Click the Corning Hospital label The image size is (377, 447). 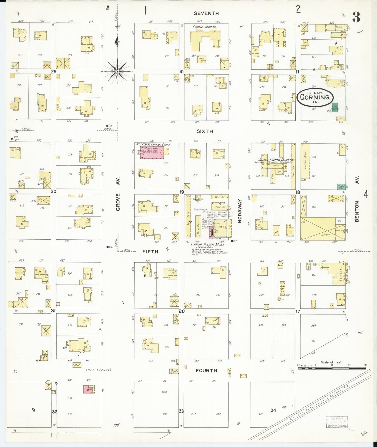[205, 27]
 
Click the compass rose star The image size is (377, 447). [117, 71]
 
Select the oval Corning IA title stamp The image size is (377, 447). [315, 97]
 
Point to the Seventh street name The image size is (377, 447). [206, 13]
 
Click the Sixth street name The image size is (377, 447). [205, 131]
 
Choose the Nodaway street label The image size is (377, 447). [240, 211]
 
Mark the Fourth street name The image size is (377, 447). [206, 370]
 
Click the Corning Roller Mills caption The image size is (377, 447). [207, 244]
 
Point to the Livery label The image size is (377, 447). [325, 234]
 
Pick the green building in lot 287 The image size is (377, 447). [334, 107]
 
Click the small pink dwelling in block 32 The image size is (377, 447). [87, 389]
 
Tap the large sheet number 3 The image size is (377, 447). [356, 17]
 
